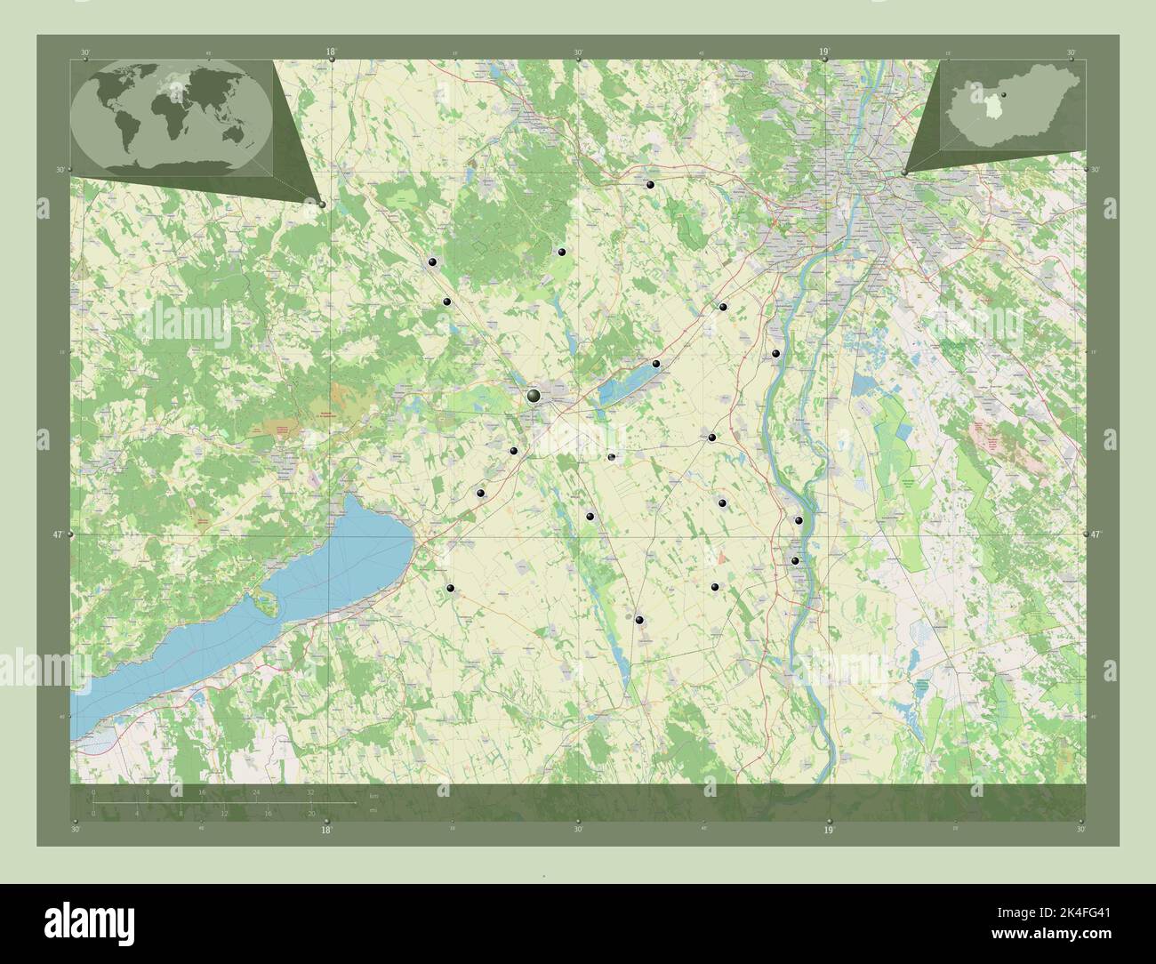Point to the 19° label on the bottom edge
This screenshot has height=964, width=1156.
tap(828, 829)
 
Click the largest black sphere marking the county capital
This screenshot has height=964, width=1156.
tap(534, 395)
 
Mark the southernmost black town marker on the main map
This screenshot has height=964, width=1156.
tap(639, 619)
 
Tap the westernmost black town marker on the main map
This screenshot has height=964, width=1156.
tap(432, 261)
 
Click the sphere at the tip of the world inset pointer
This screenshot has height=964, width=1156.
tap(322, 204)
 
